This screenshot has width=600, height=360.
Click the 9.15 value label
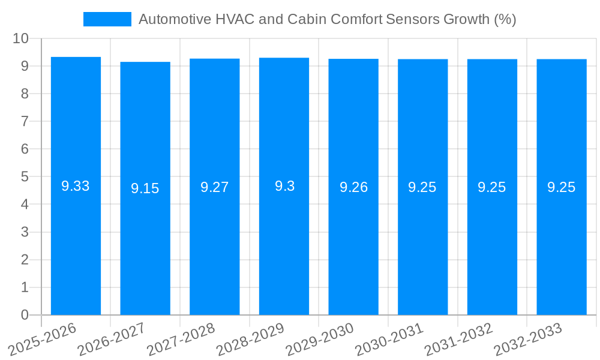point(145,188)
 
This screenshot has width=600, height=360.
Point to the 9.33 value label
point(76,186)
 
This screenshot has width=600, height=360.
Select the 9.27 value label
point(214,187)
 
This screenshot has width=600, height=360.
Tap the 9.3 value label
point(284,186)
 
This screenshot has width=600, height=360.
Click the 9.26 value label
point(353,187)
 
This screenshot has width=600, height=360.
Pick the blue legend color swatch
point(107,19)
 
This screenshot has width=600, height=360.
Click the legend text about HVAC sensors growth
point(327,19)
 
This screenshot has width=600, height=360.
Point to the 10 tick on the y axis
point(21,38)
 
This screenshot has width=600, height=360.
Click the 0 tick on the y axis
point(25,315)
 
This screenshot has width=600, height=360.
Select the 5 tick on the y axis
point(25,176)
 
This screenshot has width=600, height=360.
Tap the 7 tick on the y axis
point(25,121)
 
